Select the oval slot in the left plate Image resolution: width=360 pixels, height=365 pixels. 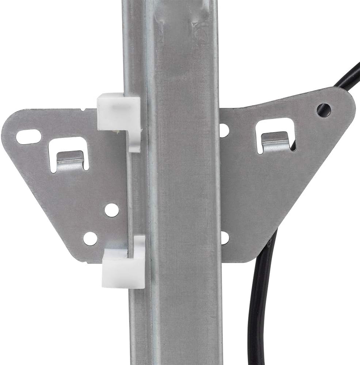point(28,137)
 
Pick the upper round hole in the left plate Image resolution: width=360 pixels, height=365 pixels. point(111,210)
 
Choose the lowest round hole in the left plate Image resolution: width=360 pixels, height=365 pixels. point(90,238)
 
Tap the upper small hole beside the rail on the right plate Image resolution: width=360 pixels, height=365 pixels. point(224,130)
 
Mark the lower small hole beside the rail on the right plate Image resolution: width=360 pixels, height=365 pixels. point(225,238)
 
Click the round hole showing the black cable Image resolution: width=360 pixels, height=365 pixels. point(324,110)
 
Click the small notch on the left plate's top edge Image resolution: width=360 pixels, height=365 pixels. point(84,109)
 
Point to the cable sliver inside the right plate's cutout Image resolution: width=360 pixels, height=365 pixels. point(293,146)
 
